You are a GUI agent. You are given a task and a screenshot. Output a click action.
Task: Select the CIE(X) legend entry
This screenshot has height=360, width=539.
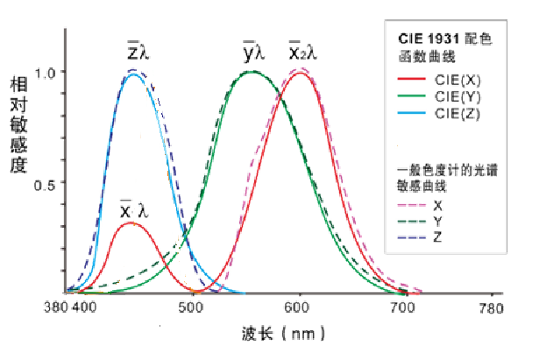pos(456,79)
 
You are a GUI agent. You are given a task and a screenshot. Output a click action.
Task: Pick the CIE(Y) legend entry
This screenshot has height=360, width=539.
pos(456,96)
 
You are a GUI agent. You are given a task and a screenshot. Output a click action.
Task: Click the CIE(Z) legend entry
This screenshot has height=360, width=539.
pos(456,114)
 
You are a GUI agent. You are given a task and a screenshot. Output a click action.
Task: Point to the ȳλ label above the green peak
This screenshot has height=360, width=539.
pos(259,51)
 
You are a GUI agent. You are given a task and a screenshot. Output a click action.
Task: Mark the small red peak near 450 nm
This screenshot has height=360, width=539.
pos(130,223)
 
